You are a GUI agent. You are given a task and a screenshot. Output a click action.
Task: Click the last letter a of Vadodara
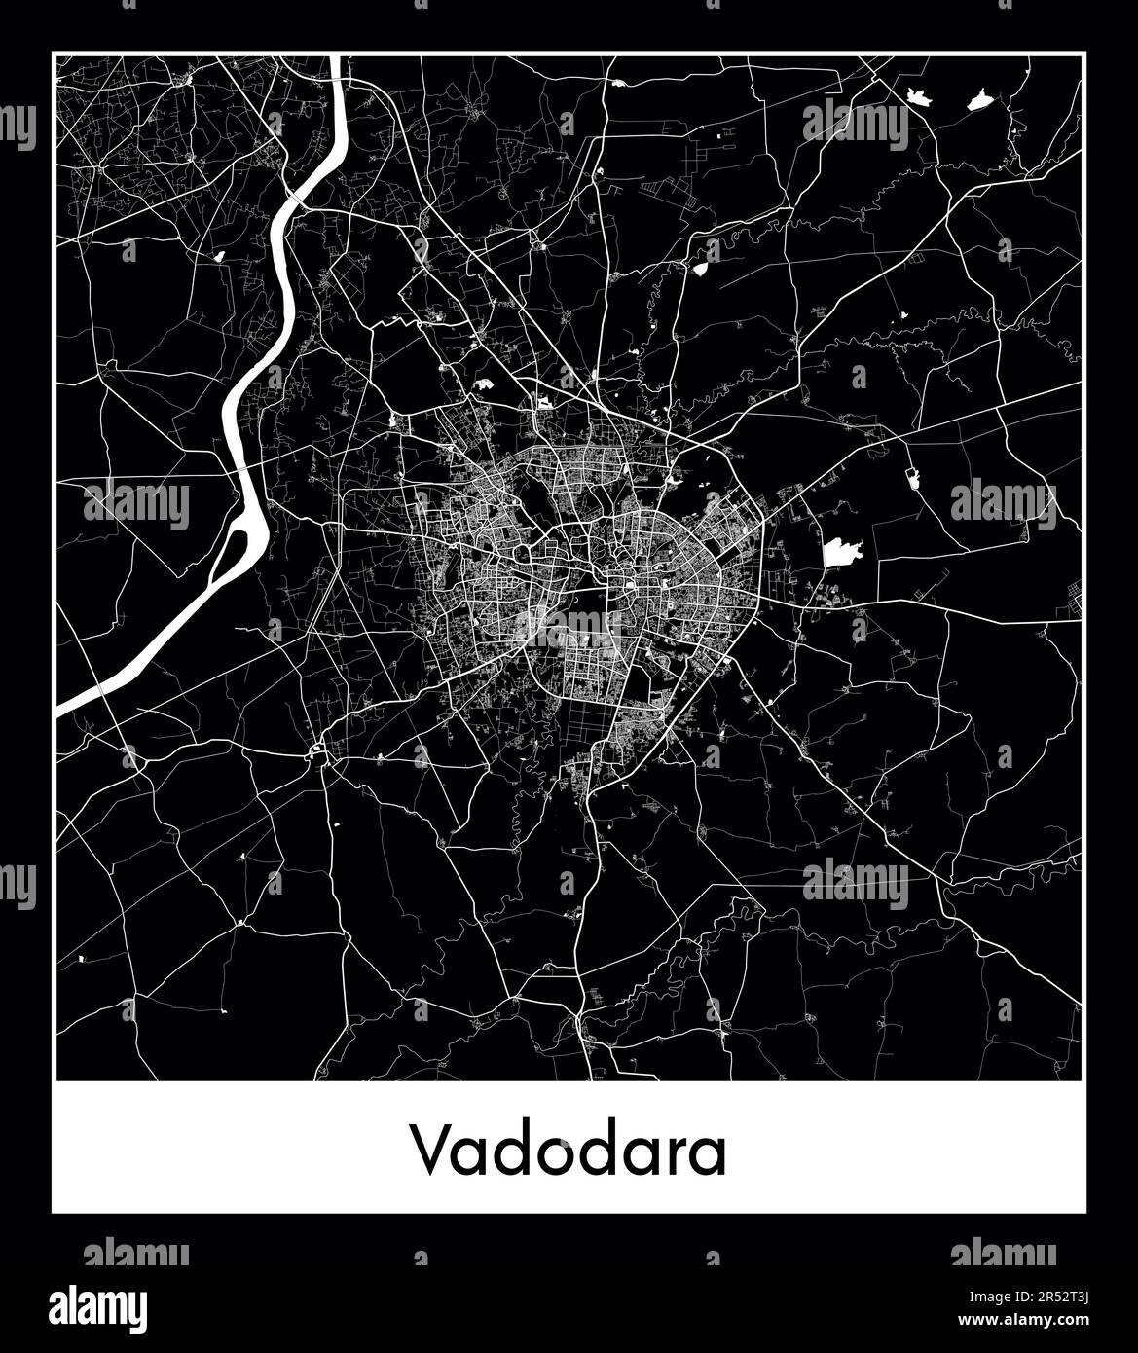[708, 1155]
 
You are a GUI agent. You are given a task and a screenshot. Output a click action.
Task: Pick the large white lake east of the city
[841, 553]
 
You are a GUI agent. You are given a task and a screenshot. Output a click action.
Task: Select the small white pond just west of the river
[218, 255]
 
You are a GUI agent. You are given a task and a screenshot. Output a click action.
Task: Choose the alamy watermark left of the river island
[136, 504]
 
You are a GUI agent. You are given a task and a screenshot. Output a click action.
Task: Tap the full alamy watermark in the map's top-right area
[856, 125]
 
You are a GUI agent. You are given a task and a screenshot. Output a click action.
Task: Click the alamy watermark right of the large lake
[1003, 504]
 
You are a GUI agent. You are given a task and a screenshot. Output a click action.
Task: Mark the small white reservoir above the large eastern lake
[913, 477]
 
